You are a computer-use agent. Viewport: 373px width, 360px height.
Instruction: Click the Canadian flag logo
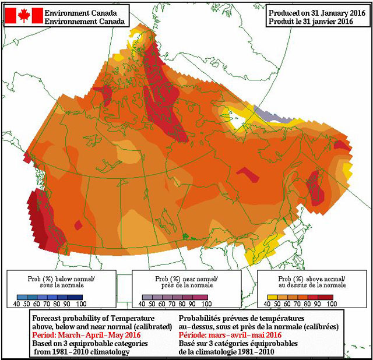click(24, 16)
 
